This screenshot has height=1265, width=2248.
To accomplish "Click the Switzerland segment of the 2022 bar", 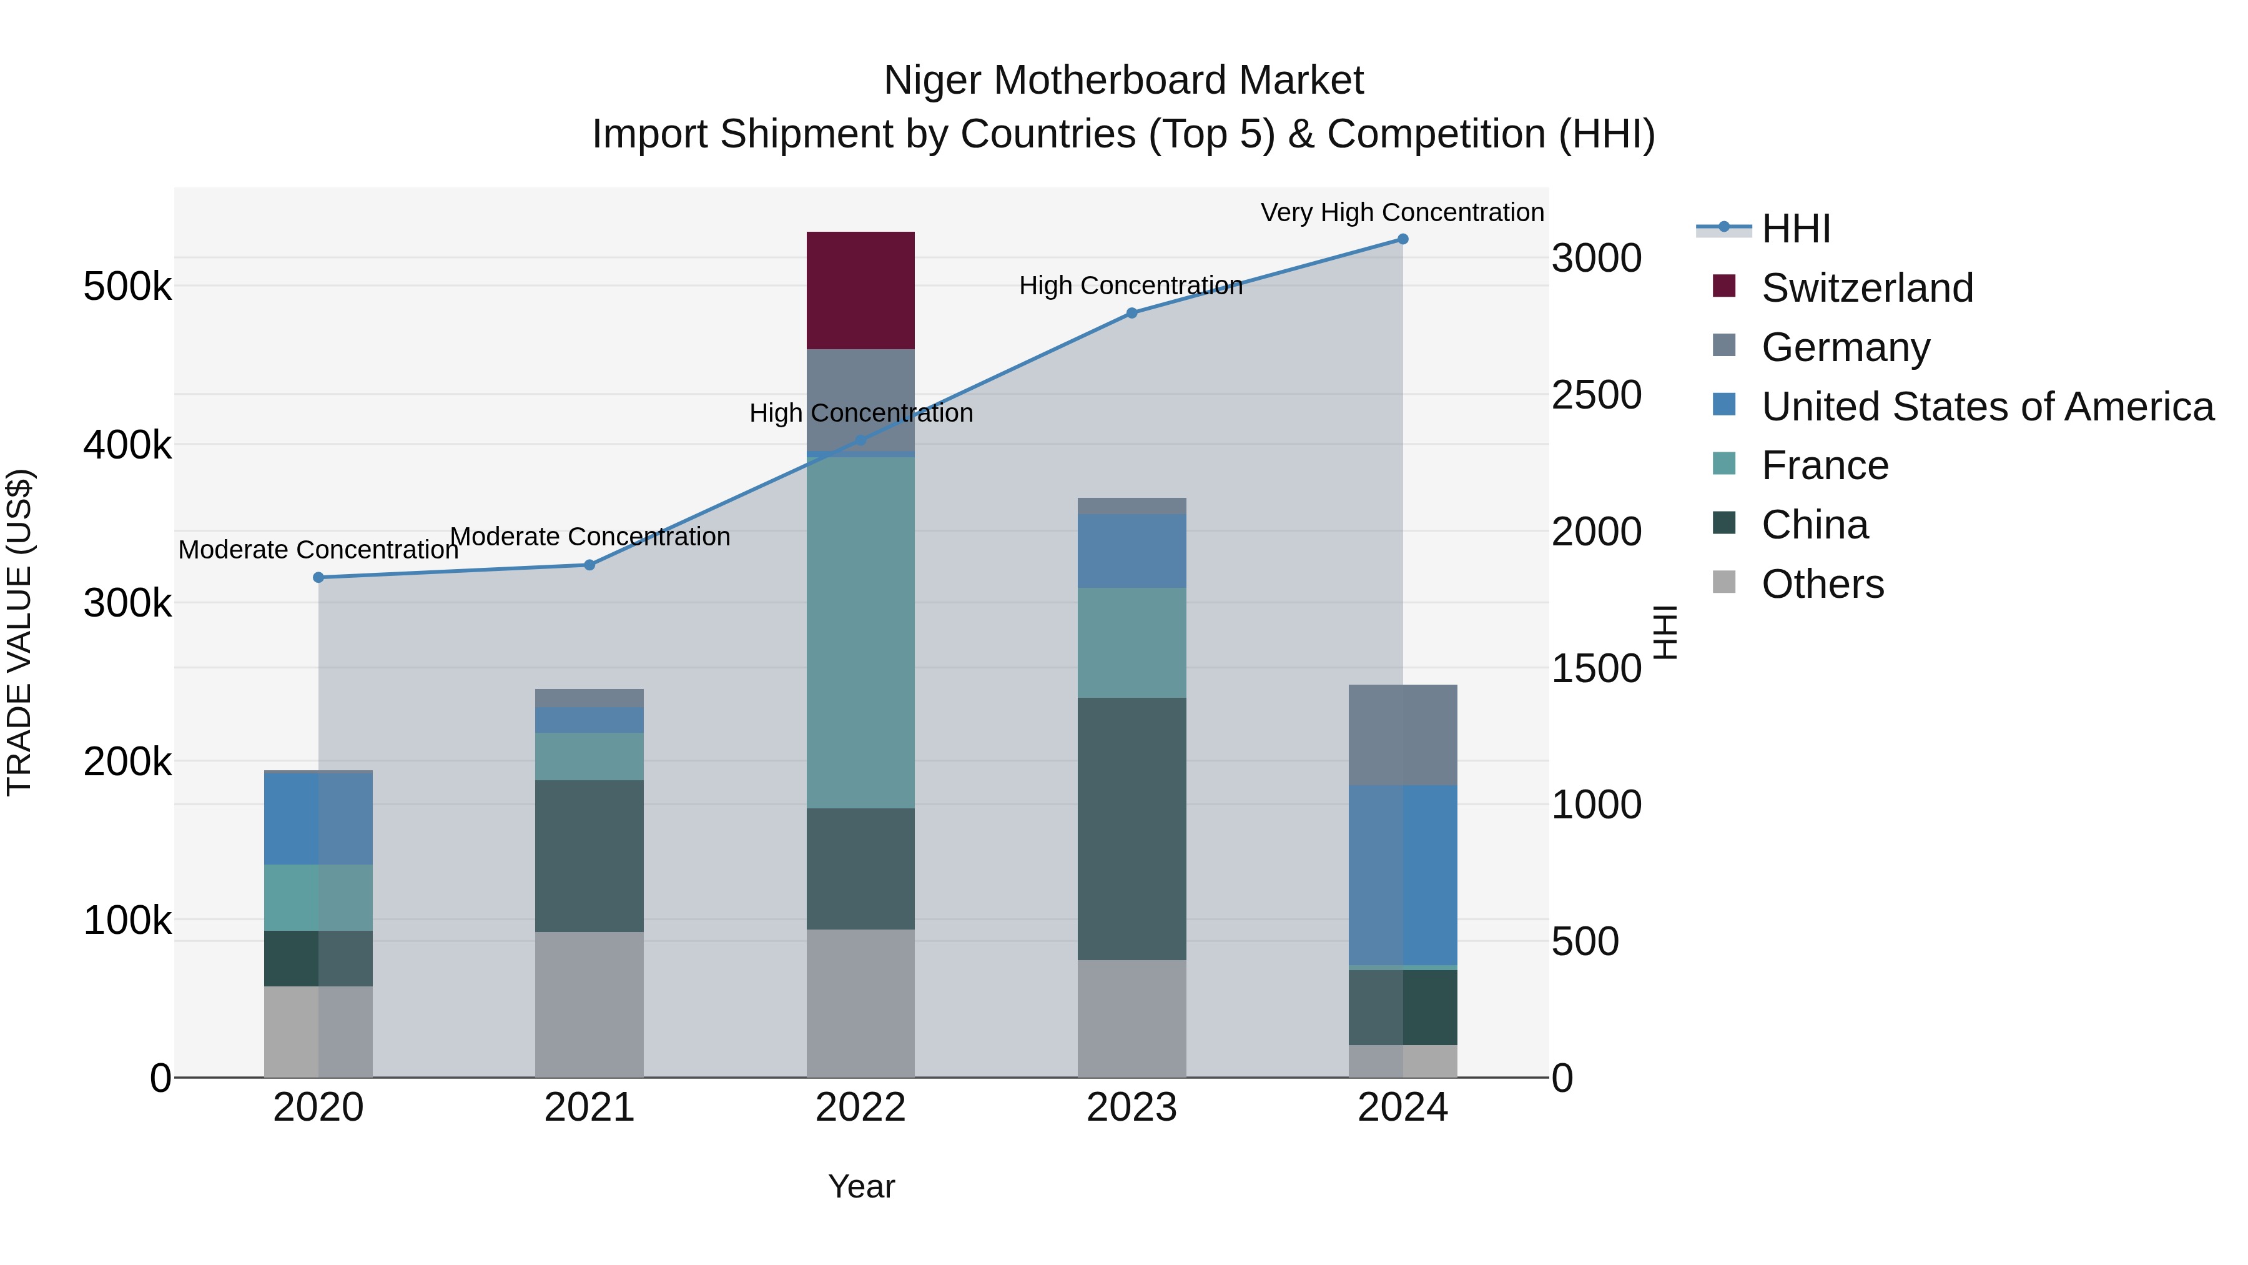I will click(860, 290).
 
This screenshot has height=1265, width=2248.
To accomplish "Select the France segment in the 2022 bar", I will click(860, 632).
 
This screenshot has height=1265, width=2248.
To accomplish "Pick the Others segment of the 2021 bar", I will click(589, 1004).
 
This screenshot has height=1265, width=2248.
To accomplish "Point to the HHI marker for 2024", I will click(1403, 239).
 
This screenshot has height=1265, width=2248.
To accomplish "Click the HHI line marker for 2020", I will click(318, 577).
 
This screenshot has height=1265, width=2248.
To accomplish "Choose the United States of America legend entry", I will click(1986, 407).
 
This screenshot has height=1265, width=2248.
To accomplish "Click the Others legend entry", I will click(1822, 584).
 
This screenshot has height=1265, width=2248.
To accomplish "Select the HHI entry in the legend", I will click(1795, 229).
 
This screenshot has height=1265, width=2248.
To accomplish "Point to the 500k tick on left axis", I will click(127, 286).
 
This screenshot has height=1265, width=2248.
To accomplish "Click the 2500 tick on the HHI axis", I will click(1596, 395).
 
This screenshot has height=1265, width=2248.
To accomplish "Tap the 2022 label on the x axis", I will click(860, 1108).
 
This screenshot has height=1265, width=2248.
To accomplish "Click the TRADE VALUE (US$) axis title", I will click(19, 632).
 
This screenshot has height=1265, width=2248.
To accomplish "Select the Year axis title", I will click(860, 1186).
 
